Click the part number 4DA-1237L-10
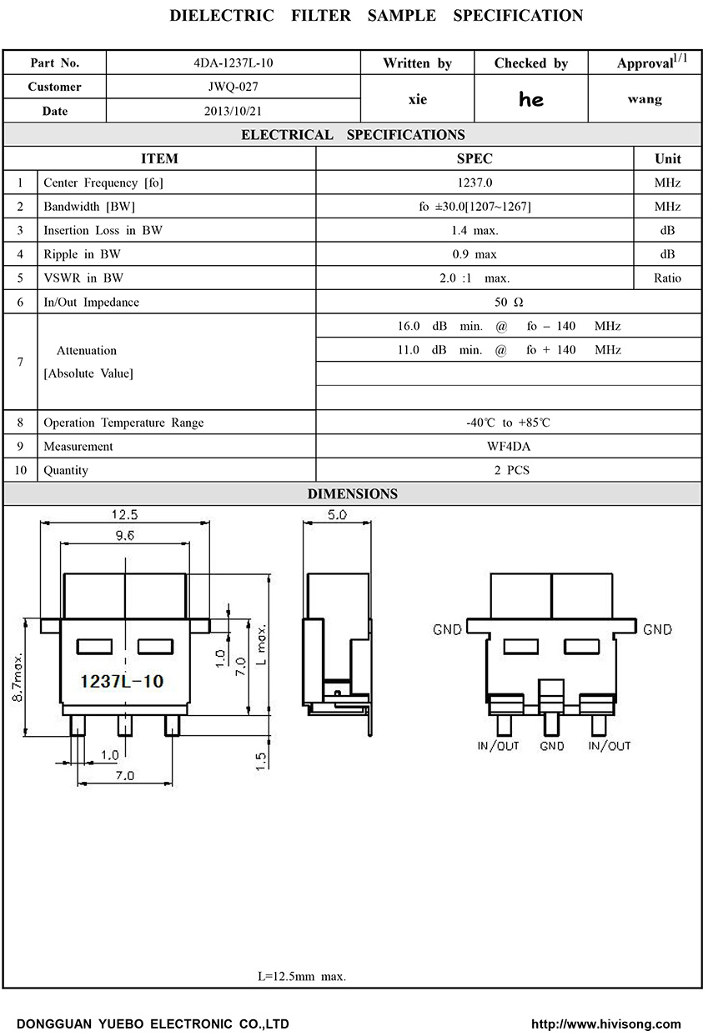(233, 63)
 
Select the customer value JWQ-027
(233, 87)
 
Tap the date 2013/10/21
(233, 111)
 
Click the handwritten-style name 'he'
(531, 100)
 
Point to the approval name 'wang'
(645, 99)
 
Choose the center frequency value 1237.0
(474, 183)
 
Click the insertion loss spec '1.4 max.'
(474, 231)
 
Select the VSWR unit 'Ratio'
(667, 278)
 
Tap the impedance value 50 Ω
(507, 303)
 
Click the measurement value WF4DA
(509, 447)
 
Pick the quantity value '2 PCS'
(511, 471)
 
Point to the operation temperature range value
(508, 423)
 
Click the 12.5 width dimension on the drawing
(124, 515)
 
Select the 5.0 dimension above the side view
(337, 515)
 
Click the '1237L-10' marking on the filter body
(121, 682)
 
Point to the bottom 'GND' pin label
(552, 746)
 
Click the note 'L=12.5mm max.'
(302, 976)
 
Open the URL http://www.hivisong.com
(606, 1023)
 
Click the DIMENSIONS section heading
(353, 494)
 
